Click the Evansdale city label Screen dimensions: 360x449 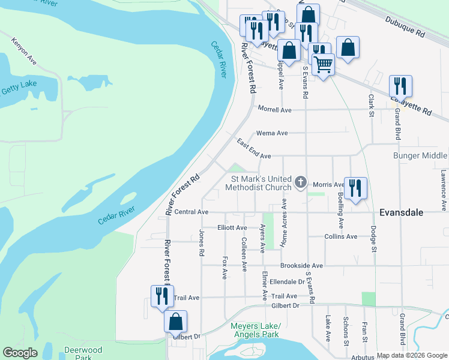tap(402, 212)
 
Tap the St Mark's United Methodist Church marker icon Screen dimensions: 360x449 tap(301, 181)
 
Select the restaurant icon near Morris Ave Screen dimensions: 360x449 tap(355, 188)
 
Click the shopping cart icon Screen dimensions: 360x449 tap(323, 64)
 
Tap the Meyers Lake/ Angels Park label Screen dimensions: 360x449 tap(255, 330)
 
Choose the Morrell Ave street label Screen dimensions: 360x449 tap(274, 110)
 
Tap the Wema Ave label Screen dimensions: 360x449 tap(272, 133)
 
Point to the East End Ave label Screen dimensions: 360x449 tap(254, 150)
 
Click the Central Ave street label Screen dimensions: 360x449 tap(191, 212)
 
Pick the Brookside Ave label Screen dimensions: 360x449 tap(301, 266)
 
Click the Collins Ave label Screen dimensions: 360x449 tap(340, 236)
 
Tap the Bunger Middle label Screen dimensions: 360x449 tap(420, 155)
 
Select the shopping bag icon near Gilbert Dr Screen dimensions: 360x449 tap(175, 322)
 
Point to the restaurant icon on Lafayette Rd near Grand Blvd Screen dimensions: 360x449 tap(400, 86)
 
